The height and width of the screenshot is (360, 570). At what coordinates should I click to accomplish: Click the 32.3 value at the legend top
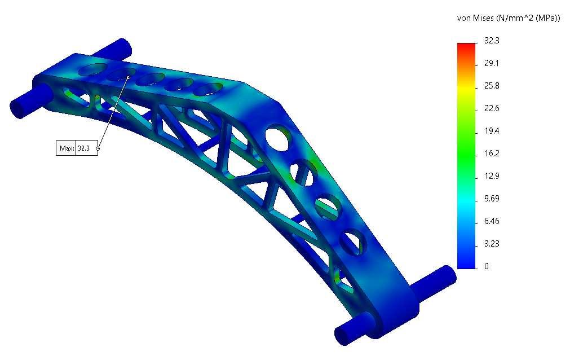(492, 41)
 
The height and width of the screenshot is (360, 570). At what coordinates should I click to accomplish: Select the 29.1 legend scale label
(492, 63)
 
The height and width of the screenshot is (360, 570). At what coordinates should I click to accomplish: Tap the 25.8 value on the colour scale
(492, 86)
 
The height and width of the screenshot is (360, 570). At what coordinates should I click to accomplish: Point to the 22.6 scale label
(492, 108)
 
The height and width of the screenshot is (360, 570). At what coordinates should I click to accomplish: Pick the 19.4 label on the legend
(492, 131)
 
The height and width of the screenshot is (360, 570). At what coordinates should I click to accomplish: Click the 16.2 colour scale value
(492, 153)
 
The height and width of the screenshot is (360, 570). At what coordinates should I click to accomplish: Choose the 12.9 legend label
(492, 176)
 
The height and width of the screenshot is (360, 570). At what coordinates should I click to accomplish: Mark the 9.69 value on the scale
(492, 199)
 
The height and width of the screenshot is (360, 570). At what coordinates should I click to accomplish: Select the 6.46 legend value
(492, 221)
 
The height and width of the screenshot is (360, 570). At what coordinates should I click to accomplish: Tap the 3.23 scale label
(492, 244)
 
